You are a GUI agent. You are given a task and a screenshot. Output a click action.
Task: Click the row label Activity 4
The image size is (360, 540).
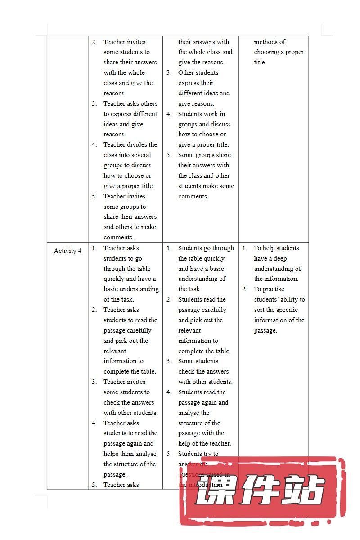click(x=67, y=251)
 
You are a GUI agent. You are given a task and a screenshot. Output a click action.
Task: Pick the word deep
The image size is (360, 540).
click(x=279, y=258)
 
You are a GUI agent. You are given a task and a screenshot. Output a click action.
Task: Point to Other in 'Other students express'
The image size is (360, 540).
click(x=186, y=72)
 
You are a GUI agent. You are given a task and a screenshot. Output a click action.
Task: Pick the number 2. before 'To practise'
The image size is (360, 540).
click(x=245, y=289)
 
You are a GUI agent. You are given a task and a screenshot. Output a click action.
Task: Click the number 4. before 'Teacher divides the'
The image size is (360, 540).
click(x=94, y=144)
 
